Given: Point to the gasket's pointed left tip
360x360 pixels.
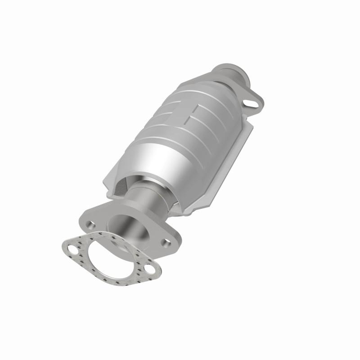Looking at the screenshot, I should click(x=63, y=246).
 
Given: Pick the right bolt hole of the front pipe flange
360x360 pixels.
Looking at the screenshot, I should click(x=167, y=243).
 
